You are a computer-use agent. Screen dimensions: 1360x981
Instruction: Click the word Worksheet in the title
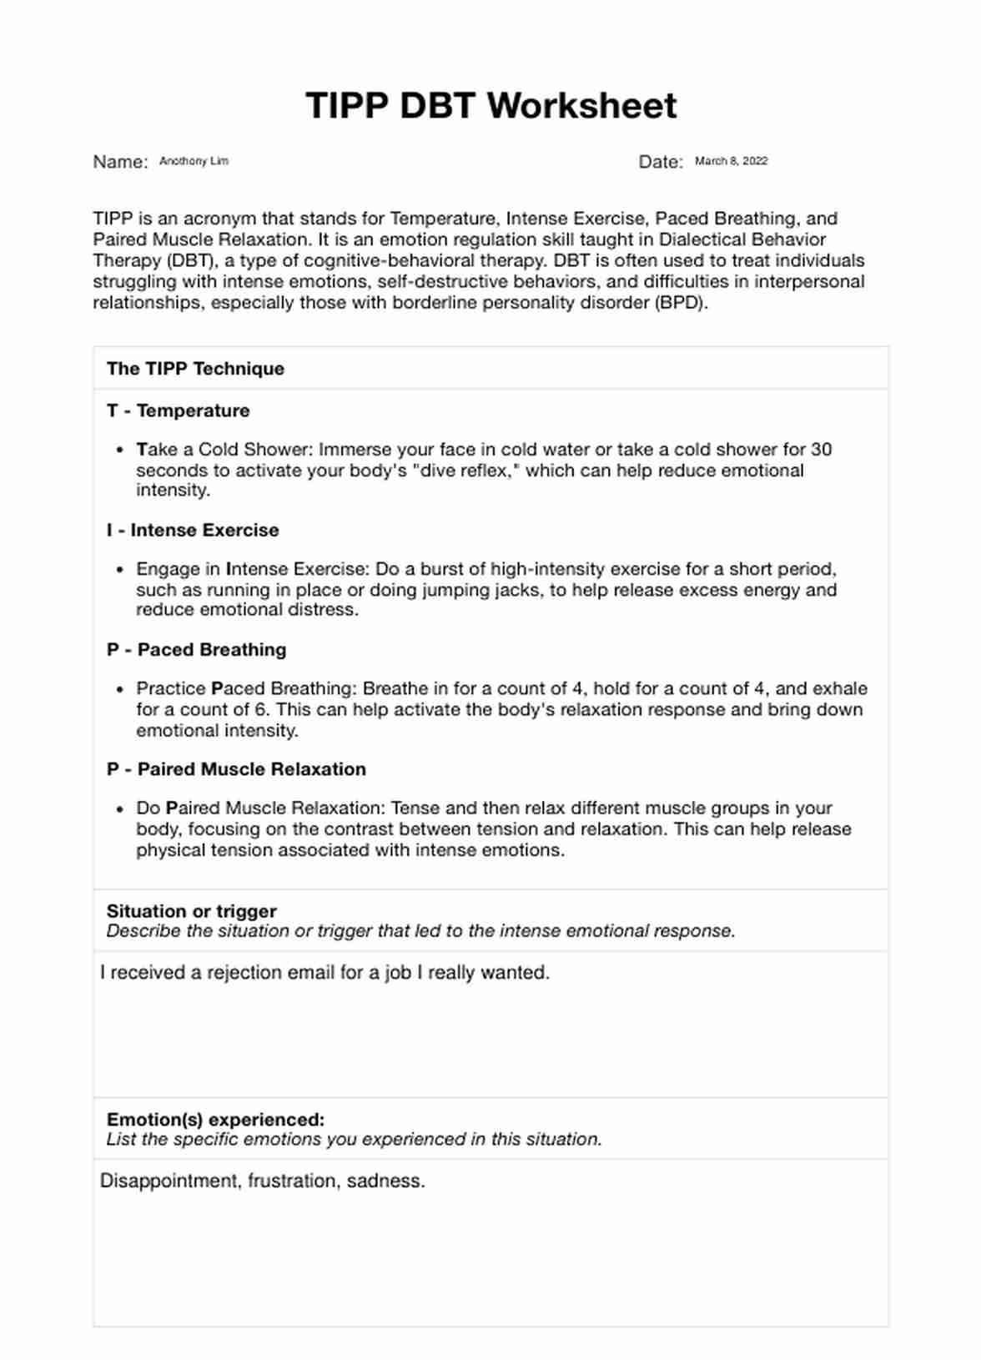coord(581,106)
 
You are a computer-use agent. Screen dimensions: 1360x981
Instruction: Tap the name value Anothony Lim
coord(194,161)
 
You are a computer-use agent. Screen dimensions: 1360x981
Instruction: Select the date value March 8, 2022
coord(731,161)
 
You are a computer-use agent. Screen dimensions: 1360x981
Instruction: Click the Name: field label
coord(120,162)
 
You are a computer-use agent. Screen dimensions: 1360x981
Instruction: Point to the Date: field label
coord(661,162)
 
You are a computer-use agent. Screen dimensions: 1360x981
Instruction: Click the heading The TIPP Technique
coord(195,369)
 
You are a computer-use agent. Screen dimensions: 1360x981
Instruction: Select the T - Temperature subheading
coord(178,411)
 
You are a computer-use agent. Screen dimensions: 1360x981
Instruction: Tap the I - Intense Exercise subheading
coord(193,530)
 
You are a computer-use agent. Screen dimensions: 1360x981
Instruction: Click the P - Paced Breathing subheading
coord(196,650)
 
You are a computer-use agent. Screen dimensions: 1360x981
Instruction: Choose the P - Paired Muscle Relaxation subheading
coord(236,769)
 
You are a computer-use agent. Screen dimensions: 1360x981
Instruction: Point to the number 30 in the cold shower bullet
coord(821,450)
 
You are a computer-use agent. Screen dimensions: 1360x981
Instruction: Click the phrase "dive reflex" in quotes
coord(463,471)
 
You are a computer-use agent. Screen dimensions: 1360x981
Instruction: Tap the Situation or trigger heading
coord(191,911)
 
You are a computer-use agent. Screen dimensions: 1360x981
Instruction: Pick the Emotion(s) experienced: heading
coord(215,1120)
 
